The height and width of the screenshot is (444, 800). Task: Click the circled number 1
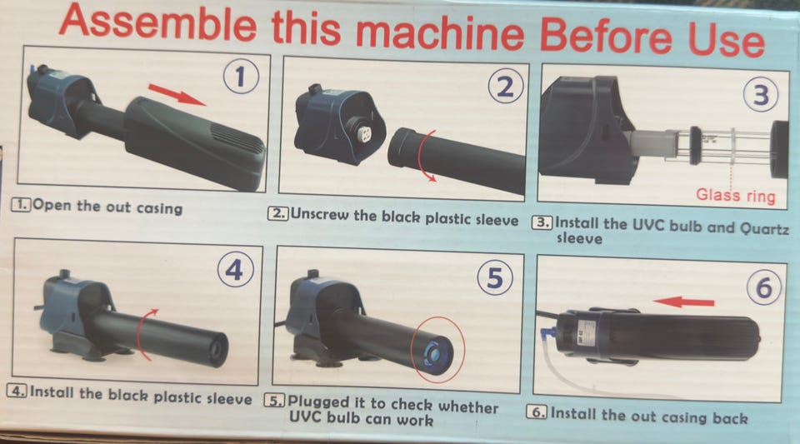coord(241,77)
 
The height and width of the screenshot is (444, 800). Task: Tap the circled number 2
coord(505,86)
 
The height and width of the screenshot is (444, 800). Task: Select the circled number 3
coord(761,94)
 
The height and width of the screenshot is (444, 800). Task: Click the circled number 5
coord(495,279)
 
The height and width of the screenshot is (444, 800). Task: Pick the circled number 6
coord(764,287)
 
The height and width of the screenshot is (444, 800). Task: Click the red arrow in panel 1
coord(177,95)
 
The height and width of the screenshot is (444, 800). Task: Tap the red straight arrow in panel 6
coord(683,302)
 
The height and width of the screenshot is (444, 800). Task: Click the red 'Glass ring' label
coord(736,196)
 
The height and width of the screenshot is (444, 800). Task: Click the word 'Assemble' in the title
coord(158,23)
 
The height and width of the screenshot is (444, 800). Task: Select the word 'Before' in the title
coord(606,36)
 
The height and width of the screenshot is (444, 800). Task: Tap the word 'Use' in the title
coord(727,39)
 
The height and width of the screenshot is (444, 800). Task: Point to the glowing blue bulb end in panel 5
coord(436,352)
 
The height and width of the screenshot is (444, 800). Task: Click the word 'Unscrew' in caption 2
coord(320,215)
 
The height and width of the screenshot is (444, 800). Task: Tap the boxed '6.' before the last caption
coord(537,412)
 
